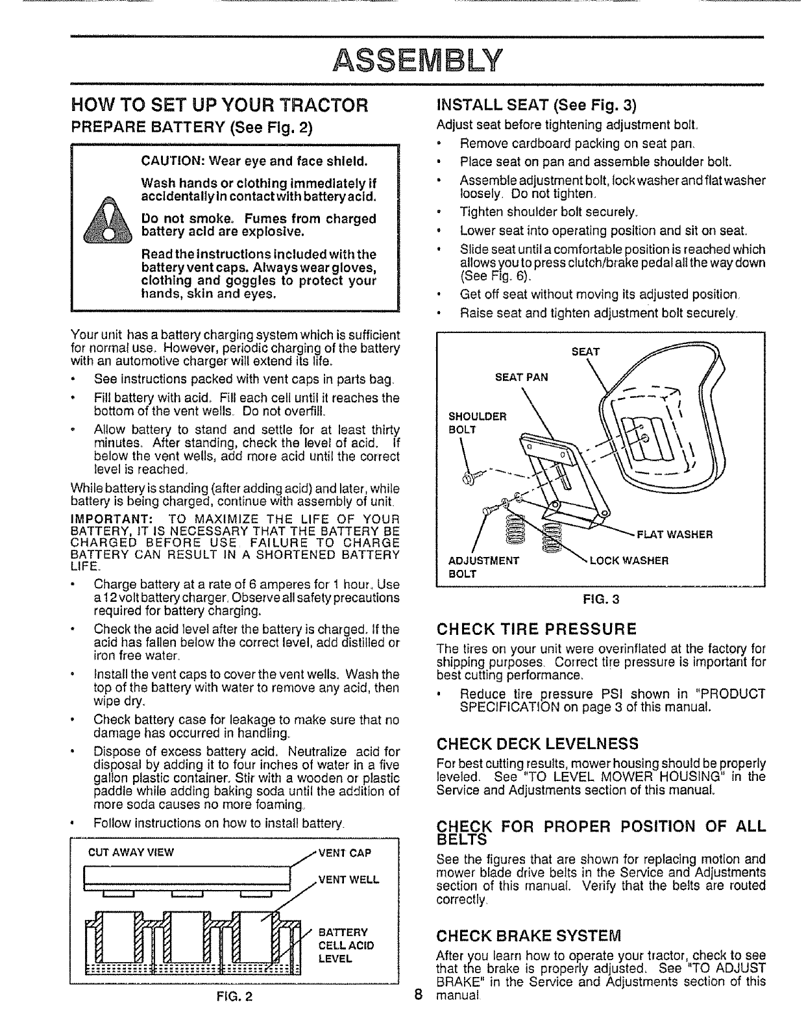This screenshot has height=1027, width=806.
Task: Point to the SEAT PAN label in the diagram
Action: pyautogui.click(x=522, y=377)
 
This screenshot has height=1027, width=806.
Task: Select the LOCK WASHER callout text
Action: pyautogui.click(x=628, y=560)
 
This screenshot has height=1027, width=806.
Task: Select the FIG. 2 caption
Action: pyautogui.click(x=232, y=1014)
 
